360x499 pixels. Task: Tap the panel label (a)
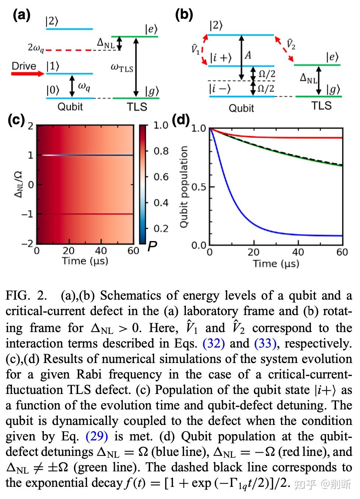coord(21,15)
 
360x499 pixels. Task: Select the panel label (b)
coord(184,15)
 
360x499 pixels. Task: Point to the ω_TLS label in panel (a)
coord(122,67)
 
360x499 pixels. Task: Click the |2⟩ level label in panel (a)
coord(52,21)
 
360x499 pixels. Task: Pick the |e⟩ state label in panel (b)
coord(332,57)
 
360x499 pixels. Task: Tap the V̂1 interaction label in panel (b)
coord(195,49)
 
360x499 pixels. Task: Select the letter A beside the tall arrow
coord(248,55)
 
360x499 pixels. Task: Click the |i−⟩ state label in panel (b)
coord(220,89)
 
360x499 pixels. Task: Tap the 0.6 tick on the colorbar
coord(161,177)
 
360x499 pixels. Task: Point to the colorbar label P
coord(152,247)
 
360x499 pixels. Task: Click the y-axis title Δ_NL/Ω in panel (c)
coord(18,184)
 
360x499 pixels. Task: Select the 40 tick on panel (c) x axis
coord(101,251)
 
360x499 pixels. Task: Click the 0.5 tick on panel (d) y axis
coord(198,187)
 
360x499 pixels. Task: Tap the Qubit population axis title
coord(184,186)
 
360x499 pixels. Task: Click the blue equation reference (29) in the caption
coord(97,436)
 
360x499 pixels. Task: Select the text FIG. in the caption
coord(18,296)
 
